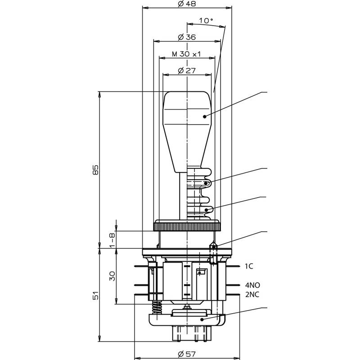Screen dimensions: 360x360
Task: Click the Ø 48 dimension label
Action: click(x=187, y=4)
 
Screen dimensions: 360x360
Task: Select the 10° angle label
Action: click(x=206, y=21)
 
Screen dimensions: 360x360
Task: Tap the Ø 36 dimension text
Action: click(x=187, y=37)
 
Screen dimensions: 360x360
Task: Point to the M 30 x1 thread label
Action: click(x=186, y=54)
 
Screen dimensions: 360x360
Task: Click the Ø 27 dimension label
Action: click(x=187, y=71)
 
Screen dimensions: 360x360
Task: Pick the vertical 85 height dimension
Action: click(x=95, y=170)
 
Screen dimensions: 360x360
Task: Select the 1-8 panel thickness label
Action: click(x=112, y=240)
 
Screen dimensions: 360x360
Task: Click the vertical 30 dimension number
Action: click(x=112, y=276)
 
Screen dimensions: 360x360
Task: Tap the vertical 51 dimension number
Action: click(x=95, y=296)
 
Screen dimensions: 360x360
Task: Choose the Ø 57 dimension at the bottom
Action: click(x=187, y=354)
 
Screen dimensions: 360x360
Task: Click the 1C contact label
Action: click(x=249, y=266)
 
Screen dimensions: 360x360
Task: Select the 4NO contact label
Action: click(x=252, y=285)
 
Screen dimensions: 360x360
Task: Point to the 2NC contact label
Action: click(x=252, y=294)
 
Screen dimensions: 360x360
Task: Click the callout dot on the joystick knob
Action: click(x=205, y=117)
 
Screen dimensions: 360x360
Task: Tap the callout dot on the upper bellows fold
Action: click(x=206, y=183)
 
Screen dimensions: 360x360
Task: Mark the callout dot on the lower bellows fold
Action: click(x=207, y=210)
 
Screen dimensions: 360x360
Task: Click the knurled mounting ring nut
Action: click(x=187, y=227)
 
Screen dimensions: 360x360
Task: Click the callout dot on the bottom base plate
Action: click(x=202, y=319)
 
